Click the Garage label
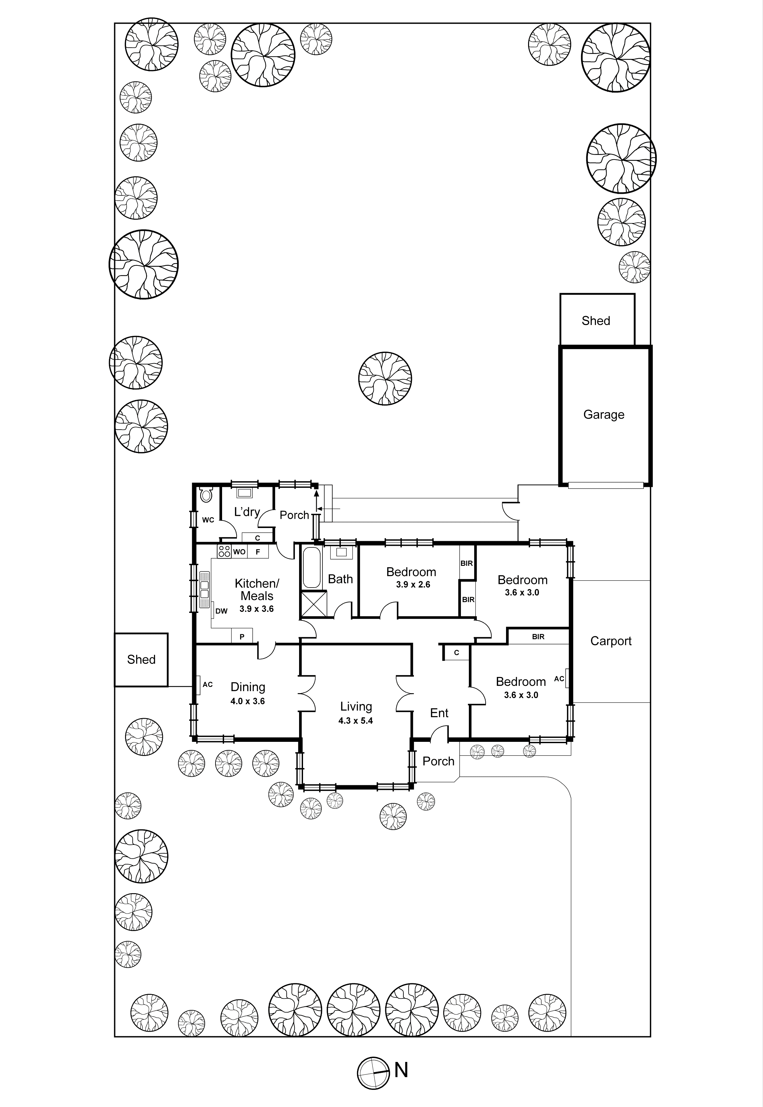pos(603,415)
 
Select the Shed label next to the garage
pos(596,321)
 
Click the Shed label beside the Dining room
pos(141,660)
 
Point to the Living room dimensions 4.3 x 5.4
pos(355,721)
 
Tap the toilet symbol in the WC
pos(206,495)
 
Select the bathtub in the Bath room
pos(312,567)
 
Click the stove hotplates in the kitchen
pos(224,551)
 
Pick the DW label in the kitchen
pos(221,611)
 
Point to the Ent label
pos(439,713)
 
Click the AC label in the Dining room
pos(208,685)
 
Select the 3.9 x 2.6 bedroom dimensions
pos(413,585)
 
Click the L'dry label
pos(247,512)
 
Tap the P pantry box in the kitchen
pos(242,637)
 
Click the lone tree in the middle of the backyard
pos(385,379)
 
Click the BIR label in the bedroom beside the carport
pos(538,637)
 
